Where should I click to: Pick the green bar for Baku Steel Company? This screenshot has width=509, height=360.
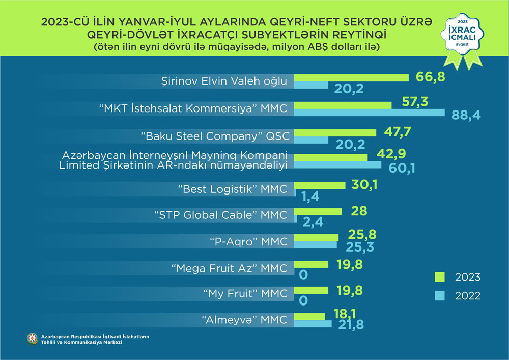[x=335, y=132]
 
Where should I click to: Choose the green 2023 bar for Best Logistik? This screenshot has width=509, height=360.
[x=320, y=185]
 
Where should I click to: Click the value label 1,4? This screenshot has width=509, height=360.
[x=309, y=195]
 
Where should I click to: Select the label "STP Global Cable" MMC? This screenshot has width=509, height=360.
[x=220, y=215]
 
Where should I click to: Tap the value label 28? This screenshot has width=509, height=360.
[x=358, y=211]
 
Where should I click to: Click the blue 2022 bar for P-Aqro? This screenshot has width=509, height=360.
[x=316, y=245]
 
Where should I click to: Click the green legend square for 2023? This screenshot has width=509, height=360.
[x=440, y=276]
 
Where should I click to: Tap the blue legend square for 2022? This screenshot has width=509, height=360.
[x=440, y=295]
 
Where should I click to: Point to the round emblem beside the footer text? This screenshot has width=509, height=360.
[x=33, y=339]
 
